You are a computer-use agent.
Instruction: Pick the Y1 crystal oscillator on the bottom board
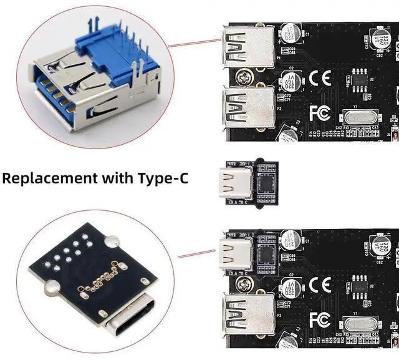(358, 324)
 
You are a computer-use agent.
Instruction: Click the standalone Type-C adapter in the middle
(248, 185)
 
